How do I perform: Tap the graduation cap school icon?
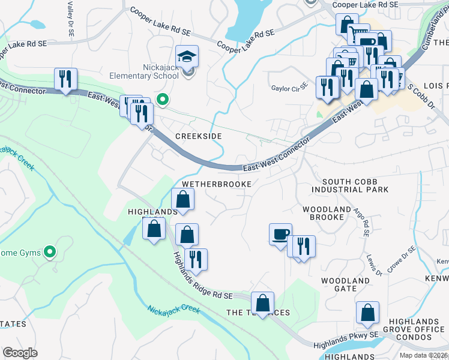(187, 56)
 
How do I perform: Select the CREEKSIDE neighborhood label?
(198, 136)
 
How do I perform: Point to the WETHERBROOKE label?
(216, 184)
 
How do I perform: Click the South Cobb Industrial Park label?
(355, 185)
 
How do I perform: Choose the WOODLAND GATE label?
(345, 284)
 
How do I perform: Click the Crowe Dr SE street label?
(402, 259)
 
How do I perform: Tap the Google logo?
(20, 353)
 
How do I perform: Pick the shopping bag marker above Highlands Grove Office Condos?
(367, 312)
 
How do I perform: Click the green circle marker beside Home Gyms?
(50, 252)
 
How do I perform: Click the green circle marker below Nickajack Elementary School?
(161, 98)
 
